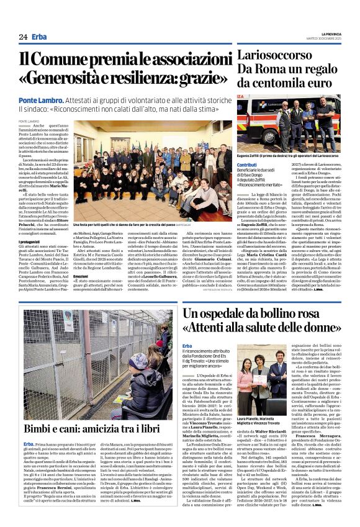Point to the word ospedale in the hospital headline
pyautogui.click(x=223, y=313)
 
